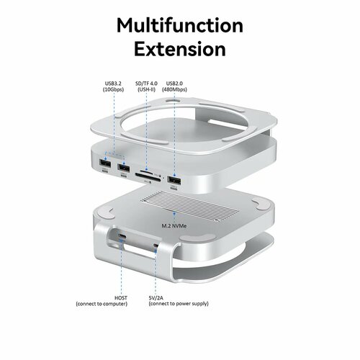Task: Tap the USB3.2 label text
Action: pyautogui.click(x=113, y=83)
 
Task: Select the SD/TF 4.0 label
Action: pyautogui.click(x=148, y=83)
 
